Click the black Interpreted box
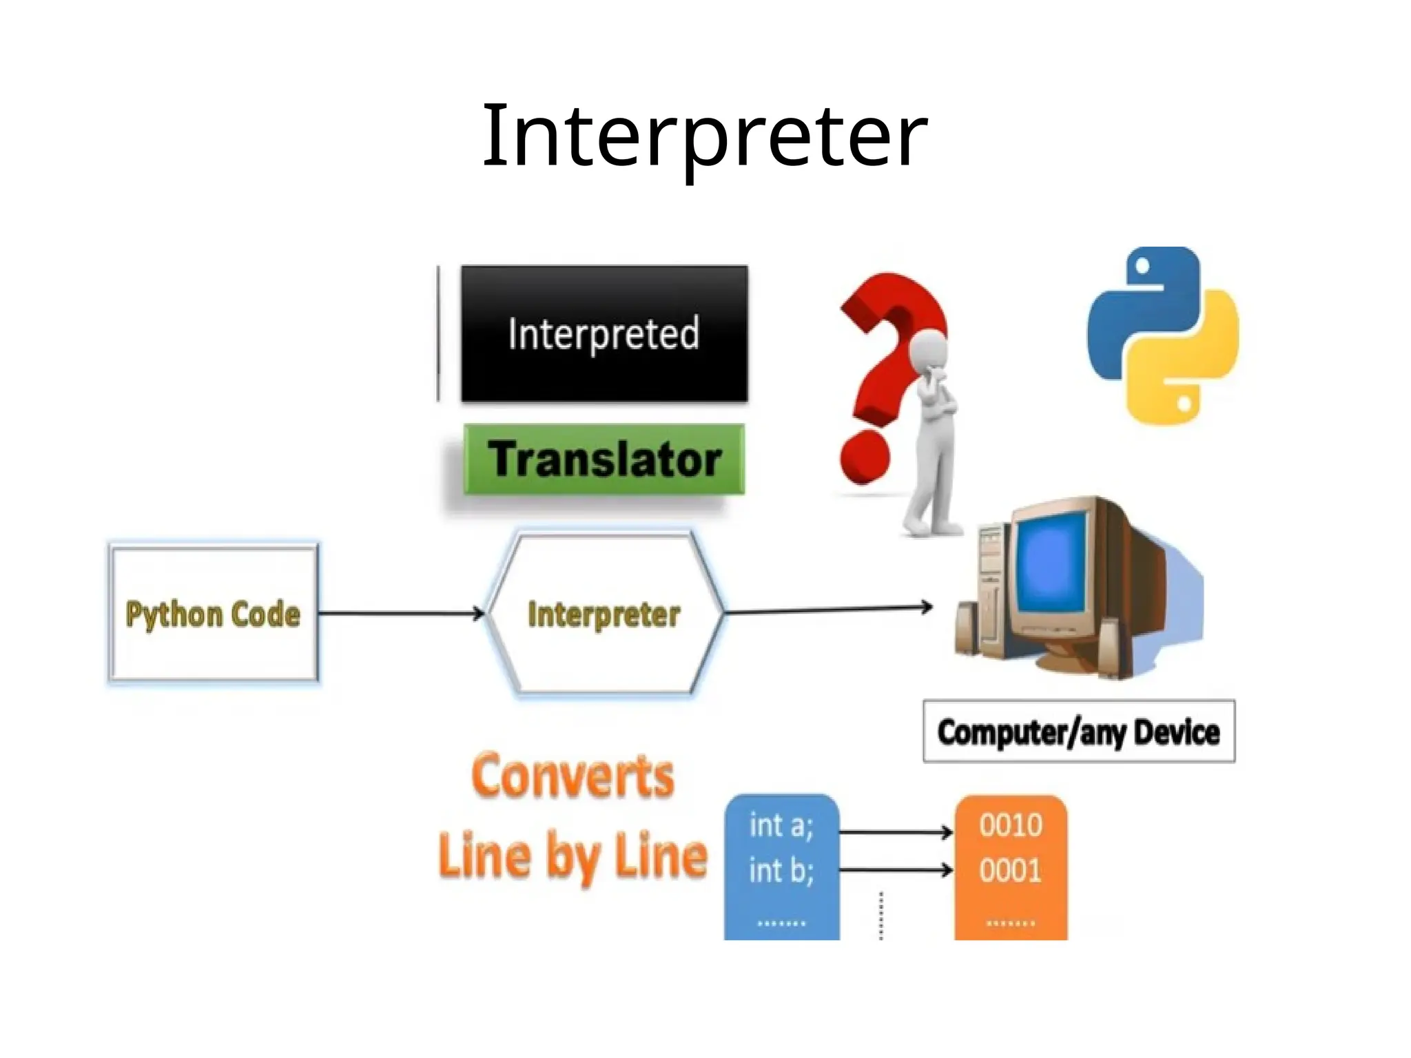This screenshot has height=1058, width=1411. pos(604,333)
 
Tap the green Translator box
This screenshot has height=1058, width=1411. pos(604,459)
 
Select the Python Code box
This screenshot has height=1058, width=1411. pos(213,613)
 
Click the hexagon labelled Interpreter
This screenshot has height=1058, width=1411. pos(604,613)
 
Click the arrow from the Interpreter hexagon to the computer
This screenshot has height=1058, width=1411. pos(827,609)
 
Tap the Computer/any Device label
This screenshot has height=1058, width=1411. pos(1078,732)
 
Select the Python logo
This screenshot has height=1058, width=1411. pos(1163,335)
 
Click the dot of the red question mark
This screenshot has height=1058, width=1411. pos(865,457)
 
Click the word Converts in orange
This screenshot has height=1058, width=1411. pos(573,776)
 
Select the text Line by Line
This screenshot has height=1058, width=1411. pos(573,855)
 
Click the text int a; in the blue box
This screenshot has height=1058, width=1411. pos(781,825)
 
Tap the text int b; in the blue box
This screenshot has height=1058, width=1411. pos(781,871)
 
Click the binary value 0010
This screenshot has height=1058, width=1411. pos(1011,825)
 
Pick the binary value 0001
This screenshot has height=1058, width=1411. pos(1011,871)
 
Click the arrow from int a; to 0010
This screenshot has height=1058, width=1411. pos(896,832)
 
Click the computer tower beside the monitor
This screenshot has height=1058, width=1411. pos(991,585)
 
